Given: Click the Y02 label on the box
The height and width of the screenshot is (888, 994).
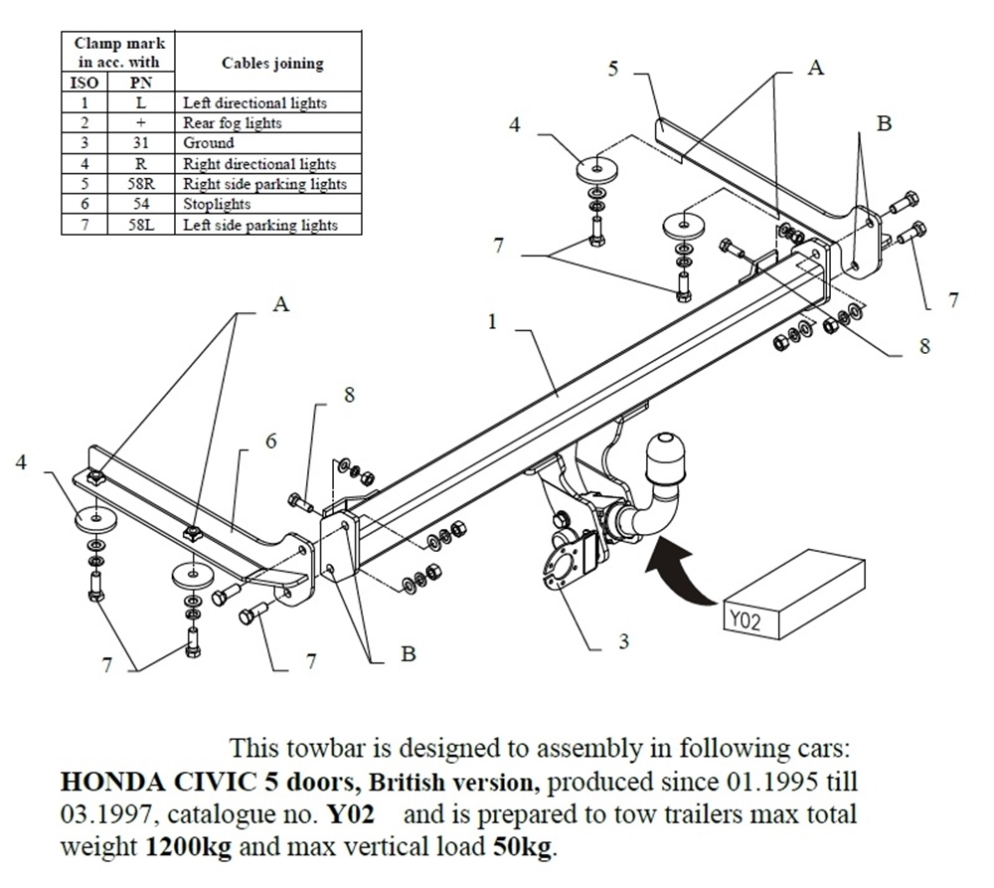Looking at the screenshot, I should [x=744, y=622].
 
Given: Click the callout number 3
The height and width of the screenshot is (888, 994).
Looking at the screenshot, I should [x=623, y=641].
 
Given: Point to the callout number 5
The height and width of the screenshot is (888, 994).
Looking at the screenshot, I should [x=613, y=69].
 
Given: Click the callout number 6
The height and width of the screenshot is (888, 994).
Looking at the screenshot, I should [x=270, y=442].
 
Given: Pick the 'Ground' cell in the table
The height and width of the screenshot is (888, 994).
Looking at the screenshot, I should [x=209, y=143].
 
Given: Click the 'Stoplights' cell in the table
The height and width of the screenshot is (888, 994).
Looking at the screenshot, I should [x=217, y=204].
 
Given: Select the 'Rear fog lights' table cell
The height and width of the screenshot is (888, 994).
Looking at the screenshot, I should [x=232, y=123].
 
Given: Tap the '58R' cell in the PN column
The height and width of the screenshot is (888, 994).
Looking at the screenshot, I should [x=140, y=184].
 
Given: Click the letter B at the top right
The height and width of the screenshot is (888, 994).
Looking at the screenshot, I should [x=884, y=123].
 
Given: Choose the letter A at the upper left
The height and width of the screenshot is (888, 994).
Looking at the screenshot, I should [x=281, y=304].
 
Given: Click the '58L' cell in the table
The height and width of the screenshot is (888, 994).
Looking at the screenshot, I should [x=140, y=225].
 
